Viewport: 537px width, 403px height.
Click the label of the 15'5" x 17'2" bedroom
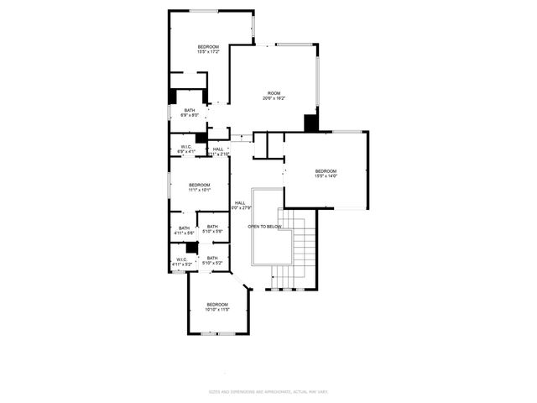208,49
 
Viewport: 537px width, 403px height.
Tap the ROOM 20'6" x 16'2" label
274,96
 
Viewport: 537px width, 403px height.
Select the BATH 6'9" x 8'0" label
190,113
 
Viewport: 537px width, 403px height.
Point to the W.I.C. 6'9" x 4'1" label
187,149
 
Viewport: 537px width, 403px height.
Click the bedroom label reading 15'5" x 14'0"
326,173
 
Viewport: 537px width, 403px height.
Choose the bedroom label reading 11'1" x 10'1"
199,187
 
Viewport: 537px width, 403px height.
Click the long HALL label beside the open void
240,205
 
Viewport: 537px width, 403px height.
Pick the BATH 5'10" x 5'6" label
212,228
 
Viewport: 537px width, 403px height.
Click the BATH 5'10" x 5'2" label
212,260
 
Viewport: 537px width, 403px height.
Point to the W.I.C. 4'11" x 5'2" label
182,262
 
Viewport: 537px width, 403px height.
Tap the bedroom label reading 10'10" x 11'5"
217,306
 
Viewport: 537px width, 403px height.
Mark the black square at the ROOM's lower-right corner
311,123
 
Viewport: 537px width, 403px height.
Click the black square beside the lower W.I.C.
192,248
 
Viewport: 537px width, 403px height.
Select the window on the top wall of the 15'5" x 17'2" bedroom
204,11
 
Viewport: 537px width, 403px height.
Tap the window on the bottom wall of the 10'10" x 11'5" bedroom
217,333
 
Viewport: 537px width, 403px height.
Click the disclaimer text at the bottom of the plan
268,392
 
